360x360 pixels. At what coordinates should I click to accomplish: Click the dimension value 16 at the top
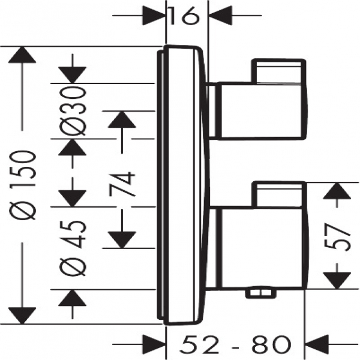(x=184, y=16)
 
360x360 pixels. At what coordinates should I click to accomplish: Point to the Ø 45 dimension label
(x=73, y=248)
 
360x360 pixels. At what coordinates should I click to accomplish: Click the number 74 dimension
(x=122, y=184)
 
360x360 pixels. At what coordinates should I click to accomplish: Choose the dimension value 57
(x=337, y=236)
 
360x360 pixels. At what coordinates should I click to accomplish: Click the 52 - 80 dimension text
(x=236, y=344)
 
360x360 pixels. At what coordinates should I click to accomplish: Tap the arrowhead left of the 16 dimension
(x=154, y=16)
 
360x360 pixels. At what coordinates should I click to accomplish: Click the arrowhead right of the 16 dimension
(x=220, y=16)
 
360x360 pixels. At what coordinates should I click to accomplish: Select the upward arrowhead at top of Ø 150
(x=22, y=55)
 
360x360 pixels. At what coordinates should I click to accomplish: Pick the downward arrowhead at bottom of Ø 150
(x=22, y=316)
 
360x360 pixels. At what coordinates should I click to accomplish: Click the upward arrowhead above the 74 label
(x=122, y=119)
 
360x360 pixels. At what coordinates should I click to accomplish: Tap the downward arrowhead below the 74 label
(x=122, y=240)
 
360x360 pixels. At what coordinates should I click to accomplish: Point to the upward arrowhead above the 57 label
(x=337, y=191)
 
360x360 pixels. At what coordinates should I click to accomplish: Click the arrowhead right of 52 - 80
(x=317, y=344)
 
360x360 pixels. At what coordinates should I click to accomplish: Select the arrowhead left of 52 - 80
(x=154, y=344)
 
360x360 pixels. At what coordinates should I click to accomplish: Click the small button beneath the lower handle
(x=260, y=293)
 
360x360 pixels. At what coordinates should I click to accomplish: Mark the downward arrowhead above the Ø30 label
(x=73, y=75)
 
